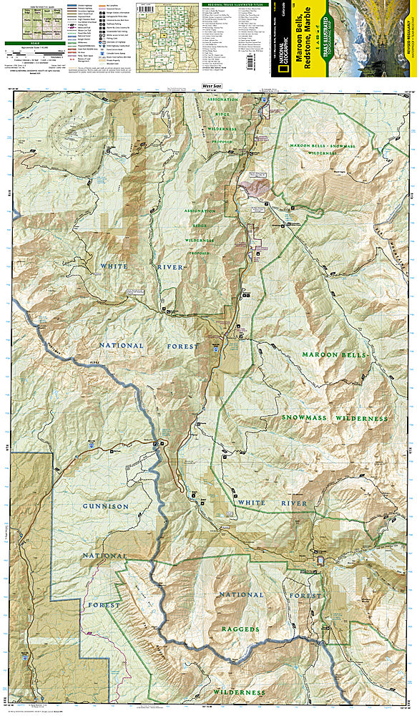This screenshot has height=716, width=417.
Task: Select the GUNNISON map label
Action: tap(105, 506)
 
